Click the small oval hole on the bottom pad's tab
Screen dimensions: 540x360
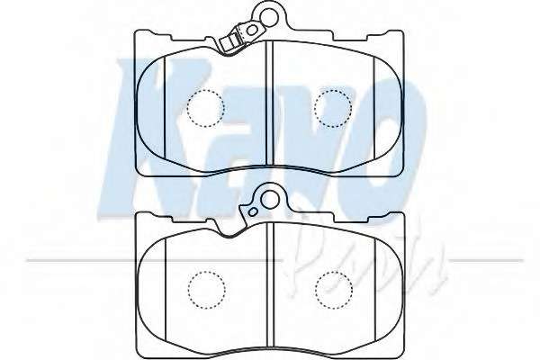pyautogui.click(x=253, y=212)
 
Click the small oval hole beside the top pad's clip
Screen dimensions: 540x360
pyautogui.click(x=252, y=31)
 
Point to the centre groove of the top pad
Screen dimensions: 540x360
pyautogui.click(x=269, y=103)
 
